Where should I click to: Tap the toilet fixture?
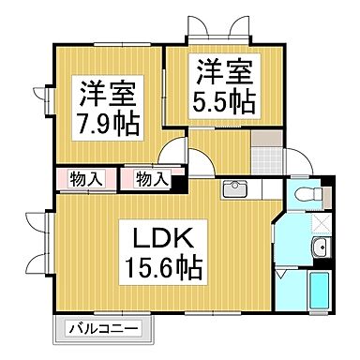[306, 197]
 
